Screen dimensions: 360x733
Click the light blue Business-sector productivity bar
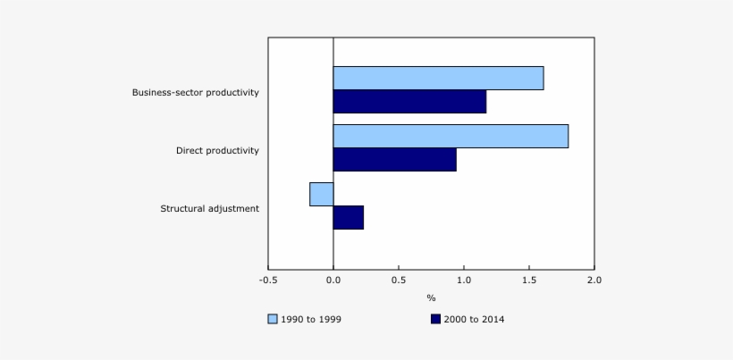[x=438, y=79]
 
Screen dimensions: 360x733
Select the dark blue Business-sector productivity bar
[x=409, y=102]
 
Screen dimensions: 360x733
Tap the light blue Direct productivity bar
[x=451, y=137]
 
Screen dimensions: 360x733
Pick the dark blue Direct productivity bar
[x=394, y=160]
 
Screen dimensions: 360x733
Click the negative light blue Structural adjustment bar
[x=322, y=194]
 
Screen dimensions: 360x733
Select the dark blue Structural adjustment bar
[x=349, y=217]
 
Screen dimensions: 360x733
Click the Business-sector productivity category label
[x=195, y=92]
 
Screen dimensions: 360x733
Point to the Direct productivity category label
[x=217, y=150]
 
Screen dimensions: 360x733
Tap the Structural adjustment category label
[x=209, y=208]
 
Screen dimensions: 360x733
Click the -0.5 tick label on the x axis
[x=268, y=280]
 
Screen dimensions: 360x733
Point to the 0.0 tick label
[x=333, y=280]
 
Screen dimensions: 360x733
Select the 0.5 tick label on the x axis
[x=399, y=280]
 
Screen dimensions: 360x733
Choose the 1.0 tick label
[x=464, y=280]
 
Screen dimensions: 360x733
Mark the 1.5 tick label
[x=529, y=280]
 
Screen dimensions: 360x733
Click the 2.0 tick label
[x=594, y=280]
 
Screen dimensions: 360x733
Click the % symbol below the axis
[x=431, y=297]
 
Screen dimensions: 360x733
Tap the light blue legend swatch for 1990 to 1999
[x=273, y=319]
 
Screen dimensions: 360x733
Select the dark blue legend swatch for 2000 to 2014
[x=435, y=319]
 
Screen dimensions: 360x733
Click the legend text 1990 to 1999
[x=311, y=319]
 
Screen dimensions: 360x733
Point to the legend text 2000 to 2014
[x=475, y=319]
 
